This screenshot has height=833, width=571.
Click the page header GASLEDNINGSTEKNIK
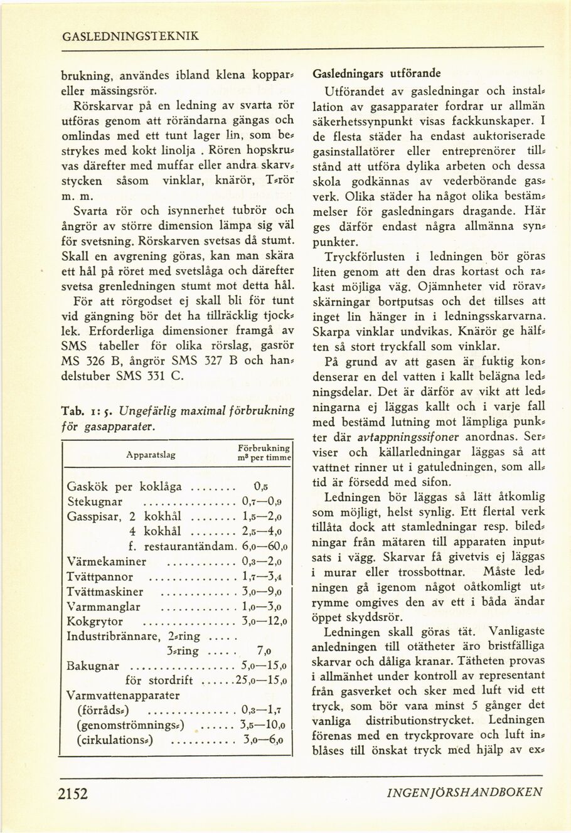tap(131, 36)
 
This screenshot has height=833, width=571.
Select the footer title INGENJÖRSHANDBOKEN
tap(466, 792)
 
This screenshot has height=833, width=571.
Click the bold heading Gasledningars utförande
tap(376, 73)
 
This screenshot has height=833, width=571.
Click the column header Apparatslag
tap(151, 455)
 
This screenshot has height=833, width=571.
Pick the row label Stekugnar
tap(94, 502)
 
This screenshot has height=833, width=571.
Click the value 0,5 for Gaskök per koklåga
tap(261, 486)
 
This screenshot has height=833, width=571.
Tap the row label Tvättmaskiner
tap(105, 592)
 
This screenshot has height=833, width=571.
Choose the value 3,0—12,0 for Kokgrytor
tap(264, 622)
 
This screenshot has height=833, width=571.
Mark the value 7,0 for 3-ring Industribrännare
tap(264, 651)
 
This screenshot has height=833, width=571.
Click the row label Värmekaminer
tap(106, 562)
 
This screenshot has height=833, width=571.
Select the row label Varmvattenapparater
tap(123, 696)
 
